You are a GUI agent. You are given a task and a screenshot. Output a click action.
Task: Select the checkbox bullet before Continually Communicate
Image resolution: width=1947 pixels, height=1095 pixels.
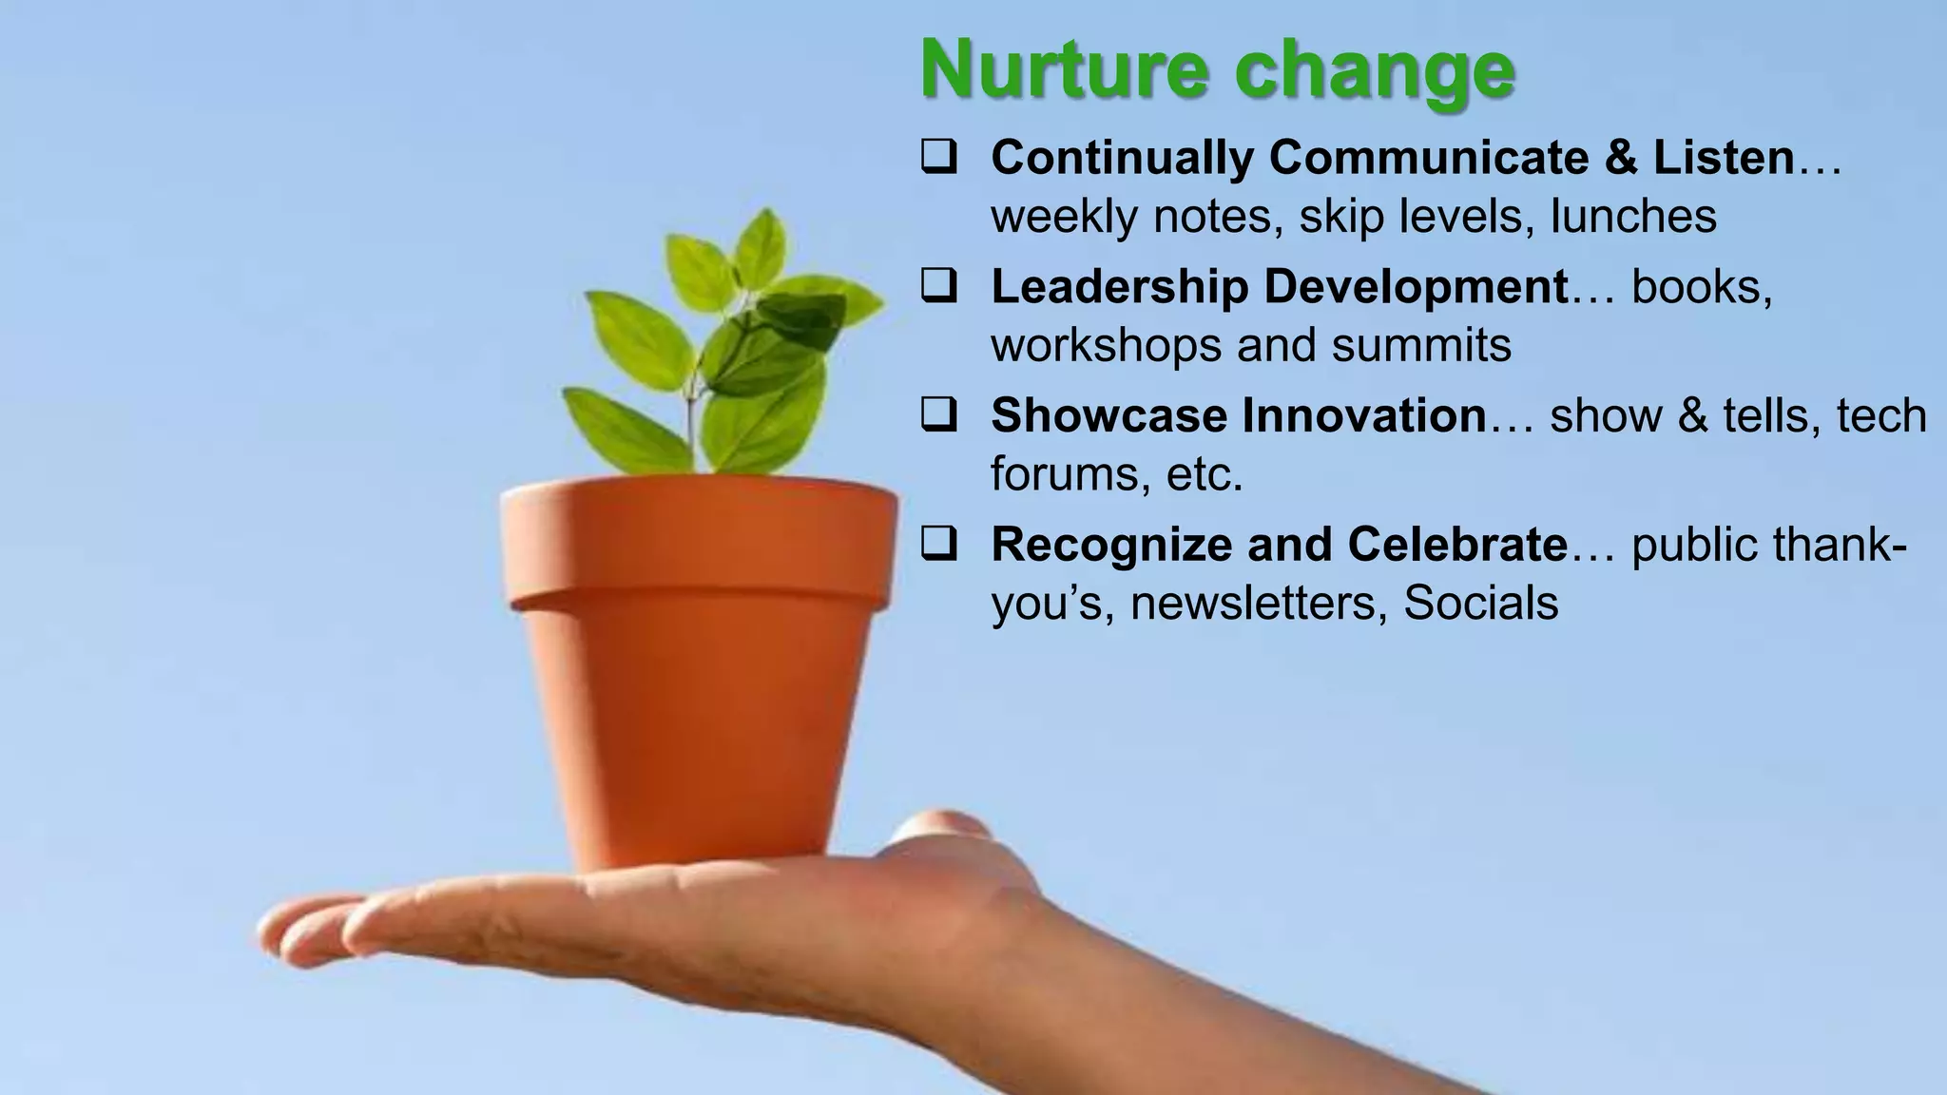[938, 158]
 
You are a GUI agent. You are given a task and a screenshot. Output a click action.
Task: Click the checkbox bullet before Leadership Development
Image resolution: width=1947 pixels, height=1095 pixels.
[938, 286]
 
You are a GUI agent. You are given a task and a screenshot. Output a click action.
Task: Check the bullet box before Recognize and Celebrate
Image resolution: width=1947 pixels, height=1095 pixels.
[938, 545]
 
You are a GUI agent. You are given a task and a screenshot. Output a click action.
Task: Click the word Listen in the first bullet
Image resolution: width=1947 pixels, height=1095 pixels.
[1723, 157]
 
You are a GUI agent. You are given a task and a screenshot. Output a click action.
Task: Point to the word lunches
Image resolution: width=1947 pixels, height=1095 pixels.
[1633, 216]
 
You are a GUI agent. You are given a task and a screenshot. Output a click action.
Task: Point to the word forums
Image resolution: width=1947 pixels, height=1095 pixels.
[1057, 473]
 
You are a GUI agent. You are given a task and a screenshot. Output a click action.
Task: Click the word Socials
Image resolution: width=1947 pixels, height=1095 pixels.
[1480, 603]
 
